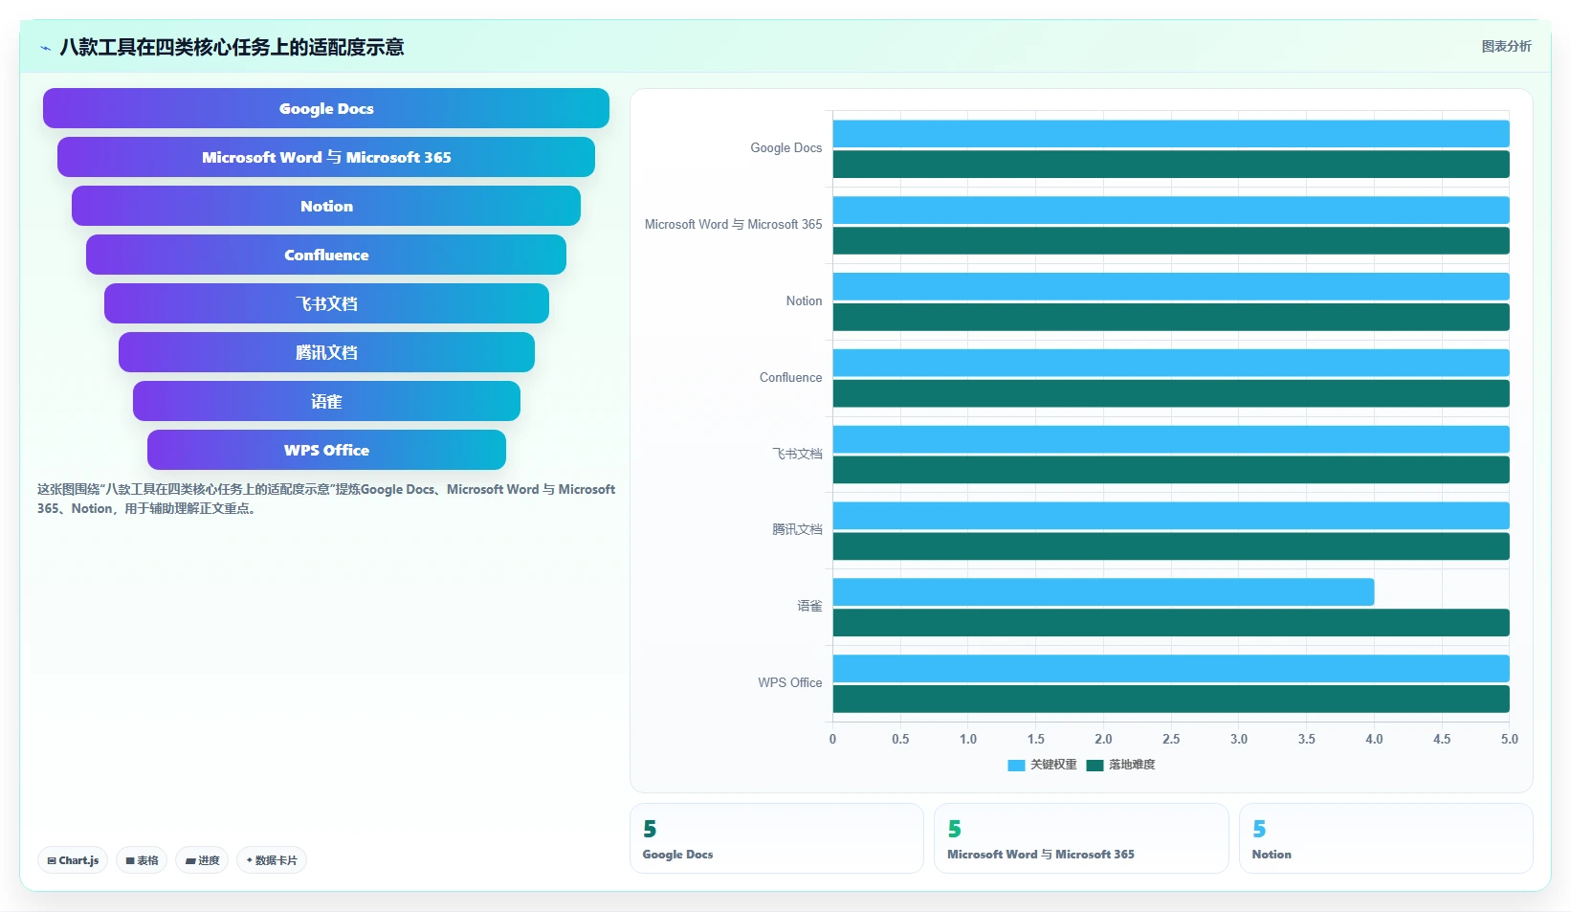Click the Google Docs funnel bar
click(x=326, y=108)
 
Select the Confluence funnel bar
click(x=326, y=255)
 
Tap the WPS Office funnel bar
click(x=326, y=450)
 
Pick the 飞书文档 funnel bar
click(x=326, y=303)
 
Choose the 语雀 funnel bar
click(x=326, y=401)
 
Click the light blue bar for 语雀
click(x=1103, y=592)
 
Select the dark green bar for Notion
click(x=1171, y=317)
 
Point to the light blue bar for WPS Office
click(x=1171, y=669)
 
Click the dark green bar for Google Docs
click(x=1171, y=165)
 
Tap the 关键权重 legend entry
click(x=1042, y=765)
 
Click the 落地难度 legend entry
click(x=1120, y=765)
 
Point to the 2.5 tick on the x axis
click(x=1171, y=739)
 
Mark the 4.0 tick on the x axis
click(x=1374, y=739)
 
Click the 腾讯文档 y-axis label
click(x=797, y=529)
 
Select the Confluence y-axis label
click(x=790, y=377)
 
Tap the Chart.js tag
click(x=73, y=860)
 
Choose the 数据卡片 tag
click(x=272, y=860)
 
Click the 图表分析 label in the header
click(x=1507, y=46)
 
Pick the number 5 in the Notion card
click(x=1259, y=829)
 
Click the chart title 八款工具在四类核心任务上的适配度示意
click(x=232, y=47)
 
